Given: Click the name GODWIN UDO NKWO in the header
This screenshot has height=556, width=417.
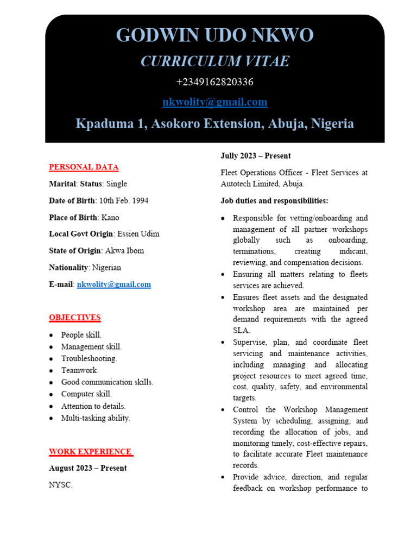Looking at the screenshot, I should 214,35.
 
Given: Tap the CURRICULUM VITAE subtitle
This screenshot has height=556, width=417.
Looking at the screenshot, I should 214,61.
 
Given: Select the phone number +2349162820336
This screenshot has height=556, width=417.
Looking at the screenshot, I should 214,82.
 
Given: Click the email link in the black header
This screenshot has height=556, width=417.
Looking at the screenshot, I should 214,102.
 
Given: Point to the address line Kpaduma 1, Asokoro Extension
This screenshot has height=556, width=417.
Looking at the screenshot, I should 214,124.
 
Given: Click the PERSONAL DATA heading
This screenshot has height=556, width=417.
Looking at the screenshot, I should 84,167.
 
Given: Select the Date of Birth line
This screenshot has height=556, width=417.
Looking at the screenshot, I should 98,201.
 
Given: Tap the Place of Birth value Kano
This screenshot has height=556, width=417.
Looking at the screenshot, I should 110,218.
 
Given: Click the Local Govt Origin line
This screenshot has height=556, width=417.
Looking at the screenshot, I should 104,234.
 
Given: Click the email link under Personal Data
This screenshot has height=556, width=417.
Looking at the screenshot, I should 113,285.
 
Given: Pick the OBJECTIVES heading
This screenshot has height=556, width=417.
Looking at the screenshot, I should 75,318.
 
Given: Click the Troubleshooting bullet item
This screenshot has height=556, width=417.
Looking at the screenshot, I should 89,358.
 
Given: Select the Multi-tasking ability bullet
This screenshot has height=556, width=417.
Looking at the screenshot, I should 96,418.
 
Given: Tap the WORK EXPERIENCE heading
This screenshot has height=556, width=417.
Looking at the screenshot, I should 91,452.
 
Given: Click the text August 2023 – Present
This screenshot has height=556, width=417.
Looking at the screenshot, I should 87,468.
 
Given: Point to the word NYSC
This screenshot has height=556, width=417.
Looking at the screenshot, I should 60,485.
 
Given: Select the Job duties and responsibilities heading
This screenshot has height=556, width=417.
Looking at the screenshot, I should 274,201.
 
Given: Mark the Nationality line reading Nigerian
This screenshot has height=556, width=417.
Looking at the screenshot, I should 85,268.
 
